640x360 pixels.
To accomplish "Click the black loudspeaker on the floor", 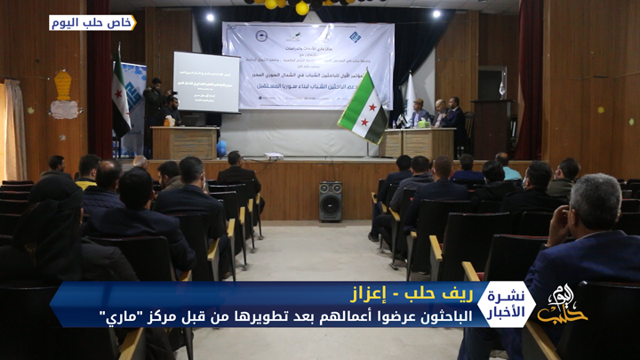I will coord(330,201).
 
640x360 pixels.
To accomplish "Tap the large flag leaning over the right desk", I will coord(364,108).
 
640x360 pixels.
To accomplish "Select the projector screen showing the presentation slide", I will coord(206,82).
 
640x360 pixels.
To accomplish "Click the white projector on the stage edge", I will coord(274,156).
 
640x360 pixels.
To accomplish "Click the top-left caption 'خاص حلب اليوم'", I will coord(92,22).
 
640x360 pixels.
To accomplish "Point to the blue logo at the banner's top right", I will coord(355,36).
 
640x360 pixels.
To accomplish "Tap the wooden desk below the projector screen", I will coord(184,142).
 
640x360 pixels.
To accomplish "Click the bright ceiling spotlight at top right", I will coord(436,14).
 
